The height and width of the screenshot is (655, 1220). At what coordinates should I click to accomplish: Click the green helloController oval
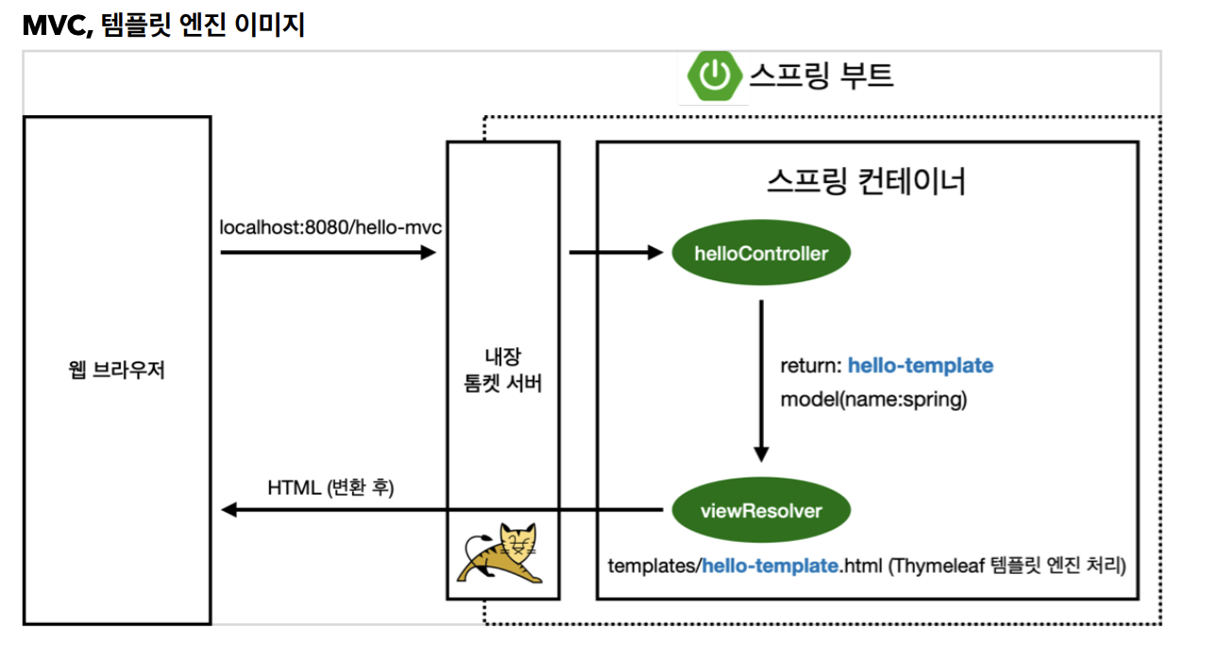click(761, 253)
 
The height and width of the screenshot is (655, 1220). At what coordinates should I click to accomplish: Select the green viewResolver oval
click(761, 511)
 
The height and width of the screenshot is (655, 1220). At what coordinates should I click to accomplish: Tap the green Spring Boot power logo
click(714, 76)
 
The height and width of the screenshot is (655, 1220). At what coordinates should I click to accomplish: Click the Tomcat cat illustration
click(500, 553)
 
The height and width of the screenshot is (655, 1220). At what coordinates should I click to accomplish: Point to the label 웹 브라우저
click(116, 370)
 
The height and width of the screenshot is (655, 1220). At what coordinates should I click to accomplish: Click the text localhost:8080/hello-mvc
click(330, 227)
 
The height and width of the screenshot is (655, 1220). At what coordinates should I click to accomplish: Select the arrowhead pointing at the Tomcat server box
click(428, 253)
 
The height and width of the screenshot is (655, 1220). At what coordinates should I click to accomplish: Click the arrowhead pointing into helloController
click(655, 253)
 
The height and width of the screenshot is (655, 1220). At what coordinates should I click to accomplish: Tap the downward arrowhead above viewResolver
click(761, 454)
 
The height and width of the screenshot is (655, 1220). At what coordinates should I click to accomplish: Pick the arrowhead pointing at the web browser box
click(229, 511)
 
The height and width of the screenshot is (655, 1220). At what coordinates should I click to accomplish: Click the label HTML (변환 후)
click(330, 487)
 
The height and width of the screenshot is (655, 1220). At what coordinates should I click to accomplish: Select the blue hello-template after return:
click(921, 366)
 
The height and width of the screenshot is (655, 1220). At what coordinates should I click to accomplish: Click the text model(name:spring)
click(873, 399)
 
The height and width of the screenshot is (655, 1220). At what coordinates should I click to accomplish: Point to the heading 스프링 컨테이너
click(866, 182)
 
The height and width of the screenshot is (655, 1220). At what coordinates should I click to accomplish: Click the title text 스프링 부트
click(822, 76)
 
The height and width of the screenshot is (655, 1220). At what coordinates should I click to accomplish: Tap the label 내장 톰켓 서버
click(502, 370)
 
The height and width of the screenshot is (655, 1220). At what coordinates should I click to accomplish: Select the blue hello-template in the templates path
click(771, 566)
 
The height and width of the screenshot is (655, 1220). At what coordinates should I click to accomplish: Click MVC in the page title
click(58, 25)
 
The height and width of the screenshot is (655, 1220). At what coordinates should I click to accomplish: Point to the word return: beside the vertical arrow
click(811, 366)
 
